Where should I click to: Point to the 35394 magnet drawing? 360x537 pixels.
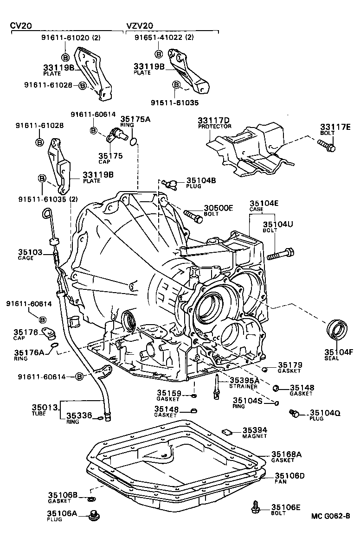pyautogui.click(x=227, y=430)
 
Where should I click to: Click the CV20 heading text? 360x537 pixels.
pyautogui.click(x=21, y=26)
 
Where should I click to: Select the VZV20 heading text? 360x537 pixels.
pyautogui.click(x=140, y=26)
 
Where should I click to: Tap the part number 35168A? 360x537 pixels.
pyautogui.click(x=286, y=454)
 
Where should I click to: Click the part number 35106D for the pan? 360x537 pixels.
pyautogui.click(x=290, y=476)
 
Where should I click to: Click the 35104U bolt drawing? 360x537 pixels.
pyautogui.click(x=282, y=254)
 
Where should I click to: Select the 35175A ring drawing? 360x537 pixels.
pyautogui.click(x=134, y=141)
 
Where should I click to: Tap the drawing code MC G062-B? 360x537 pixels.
pyautogui.click(x=331, y=516)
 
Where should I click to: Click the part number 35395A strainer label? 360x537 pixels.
pyautogui.click(x=244, y=380)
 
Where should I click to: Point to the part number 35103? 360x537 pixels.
pyautogui.click(x=31, y=252)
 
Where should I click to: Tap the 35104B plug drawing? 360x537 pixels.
pyautogui.click(x=169, y=183)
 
